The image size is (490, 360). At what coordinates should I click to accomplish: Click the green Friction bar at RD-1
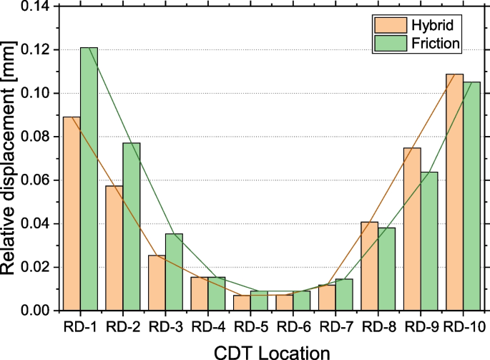[x=89, y=179]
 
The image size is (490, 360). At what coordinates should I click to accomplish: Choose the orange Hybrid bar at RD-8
[x=370, y=266]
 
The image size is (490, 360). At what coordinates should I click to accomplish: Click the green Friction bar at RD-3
[x=174, y=272]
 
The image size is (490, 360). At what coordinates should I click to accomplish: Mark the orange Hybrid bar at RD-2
[x=114, y=248]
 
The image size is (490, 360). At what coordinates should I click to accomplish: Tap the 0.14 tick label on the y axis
[x=34, y=6]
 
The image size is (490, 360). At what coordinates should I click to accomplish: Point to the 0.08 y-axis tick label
[x=34, y=137]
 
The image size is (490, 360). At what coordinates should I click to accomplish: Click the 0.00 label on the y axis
[x=34, y=311]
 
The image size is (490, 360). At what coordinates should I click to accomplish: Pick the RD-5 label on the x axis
[x=250, y=327]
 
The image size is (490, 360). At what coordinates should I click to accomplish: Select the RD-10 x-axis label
[x=461, y=327]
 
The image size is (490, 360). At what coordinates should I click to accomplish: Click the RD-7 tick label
[x=335, y=327]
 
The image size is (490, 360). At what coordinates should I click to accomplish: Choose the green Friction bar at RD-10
[x=471, y=196]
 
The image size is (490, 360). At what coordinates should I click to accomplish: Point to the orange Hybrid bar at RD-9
[x=412, y=229]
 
